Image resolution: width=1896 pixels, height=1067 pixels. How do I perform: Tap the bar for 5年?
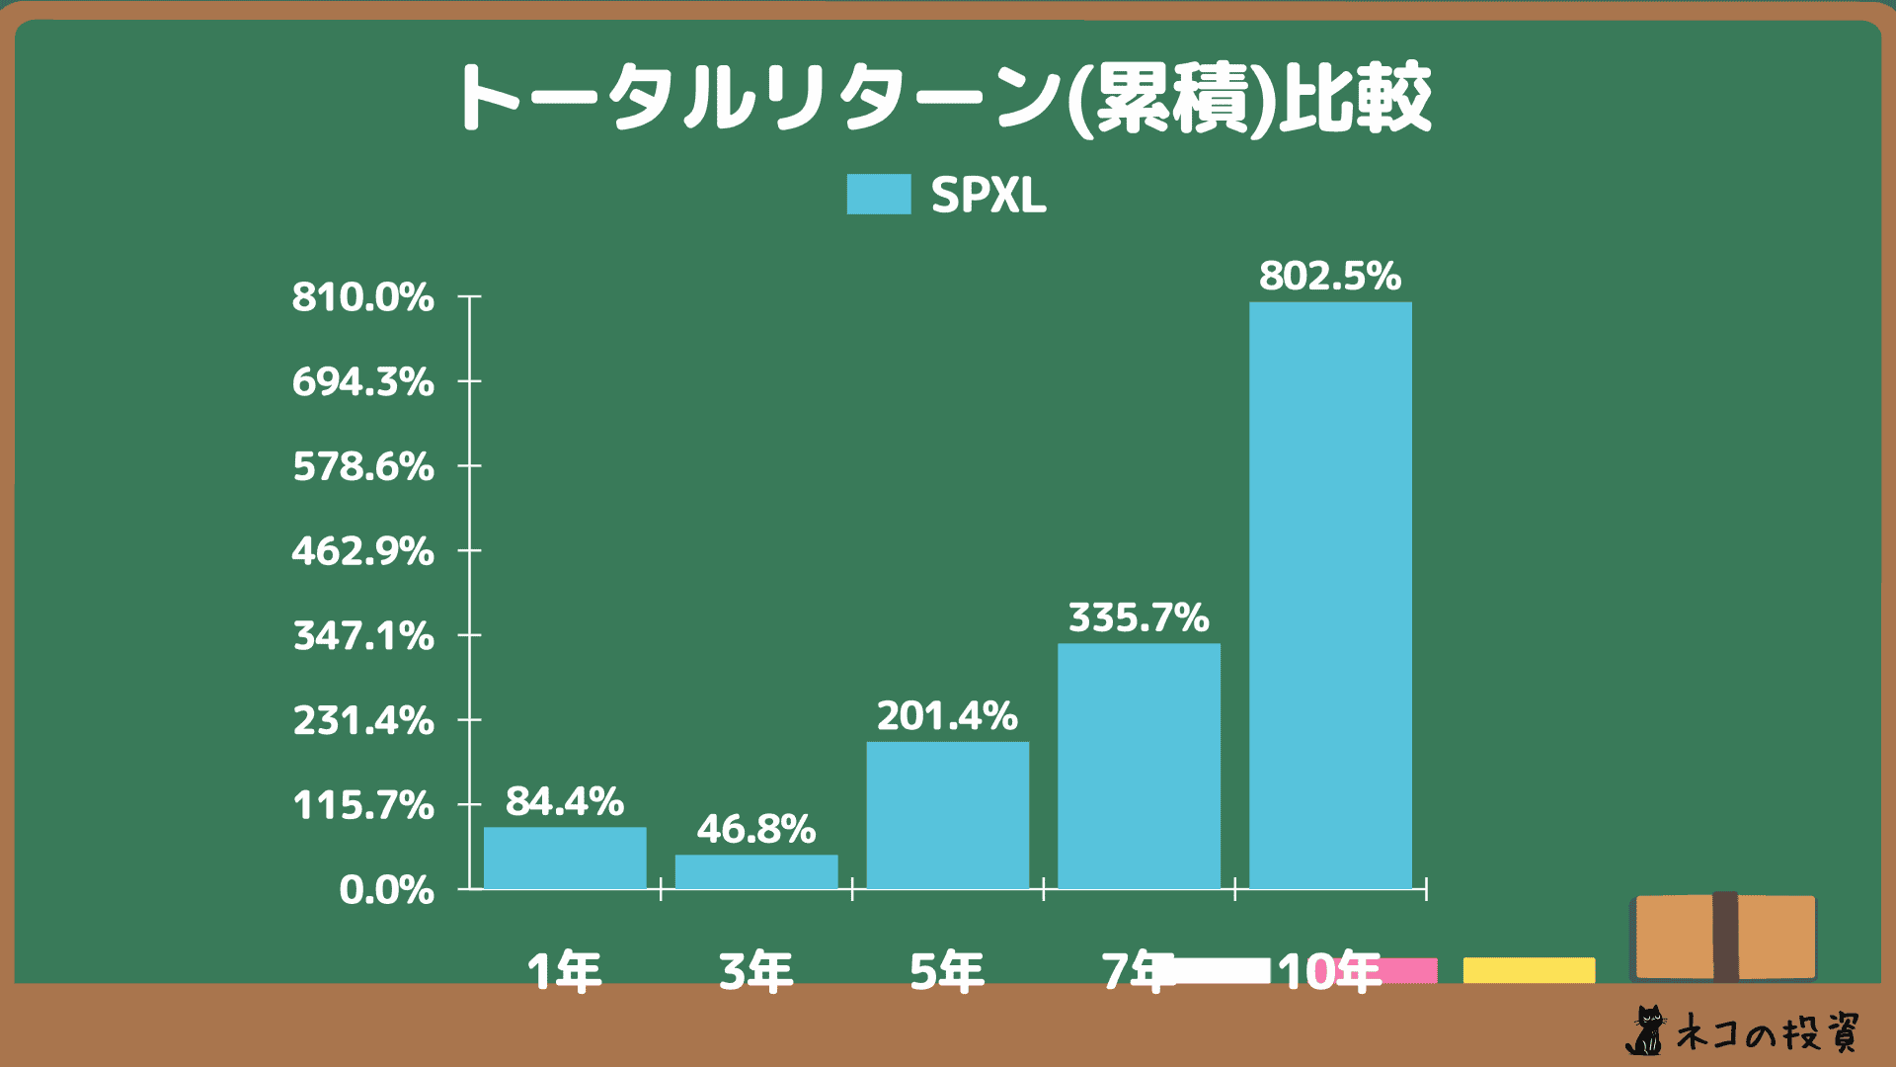(x=947, y=815)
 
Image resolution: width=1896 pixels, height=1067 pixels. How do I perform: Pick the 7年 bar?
(x=1139, y=766)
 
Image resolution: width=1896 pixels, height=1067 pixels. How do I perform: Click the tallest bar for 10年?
(x=1330, y=595)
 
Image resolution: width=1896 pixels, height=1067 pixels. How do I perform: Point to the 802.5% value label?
(x=1330, y=276)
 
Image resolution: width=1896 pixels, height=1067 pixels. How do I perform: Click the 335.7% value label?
(x=1139, y=617)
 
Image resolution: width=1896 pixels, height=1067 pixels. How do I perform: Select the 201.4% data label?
(x=947, y=716)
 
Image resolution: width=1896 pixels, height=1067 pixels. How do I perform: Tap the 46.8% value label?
(x=756, y=829)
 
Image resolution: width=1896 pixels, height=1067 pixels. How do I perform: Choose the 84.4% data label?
(x=565, y=801)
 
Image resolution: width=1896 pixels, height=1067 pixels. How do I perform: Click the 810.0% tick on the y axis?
(x=362, y=296)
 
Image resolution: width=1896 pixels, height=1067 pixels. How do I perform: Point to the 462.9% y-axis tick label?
(x=362, y=550)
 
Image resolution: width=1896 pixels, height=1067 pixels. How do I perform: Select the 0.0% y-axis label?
(x=386, y=890)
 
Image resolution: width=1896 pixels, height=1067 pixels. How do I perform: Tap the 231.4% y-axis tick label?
(x=362, y=720)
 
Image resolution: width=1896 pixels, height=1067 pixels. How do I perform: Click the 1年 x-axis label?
(x=564, y=972)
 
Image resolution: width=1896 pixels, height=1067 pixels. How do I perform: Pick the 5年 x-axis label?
(x=947, y=972)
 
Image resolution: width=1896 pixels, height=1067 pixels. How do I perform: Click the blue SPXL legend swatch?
(x=878, y=195)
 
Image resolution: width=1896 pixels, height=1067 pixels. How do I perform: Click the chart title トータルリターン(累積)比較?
(x=943, y=98)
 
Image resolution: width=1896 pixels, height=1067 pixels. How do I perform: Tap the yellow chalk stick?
(x=1529, y=970)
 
